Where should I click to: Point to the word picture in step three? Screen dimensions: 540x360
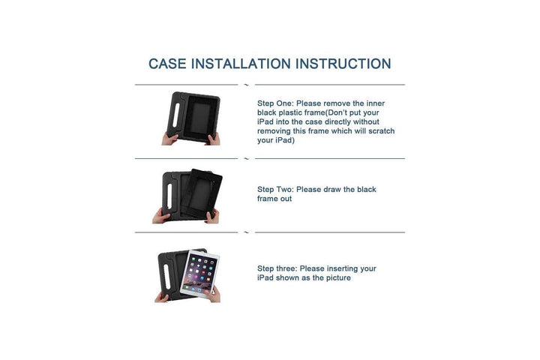pos(337,278)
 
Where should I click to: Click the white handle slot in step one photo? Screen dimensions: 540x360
pos(176,115)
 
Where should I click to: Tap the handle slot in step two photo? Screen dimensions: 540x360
pos(169,196)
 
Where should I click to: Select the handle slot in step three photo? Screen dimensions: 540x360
pos(167,277)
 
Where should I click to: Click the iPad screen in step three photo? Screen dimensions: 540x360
pos(199,274)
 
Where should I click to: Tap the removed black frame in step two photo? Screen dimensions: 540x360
pos(202,193)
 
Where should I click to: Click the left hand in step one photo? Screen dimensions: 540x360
pos(169,139)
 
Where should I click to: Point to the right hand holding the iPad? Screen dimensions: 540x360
pos(213,295)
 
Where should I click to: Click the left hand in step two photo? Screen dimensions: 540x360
pos(160,217)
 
